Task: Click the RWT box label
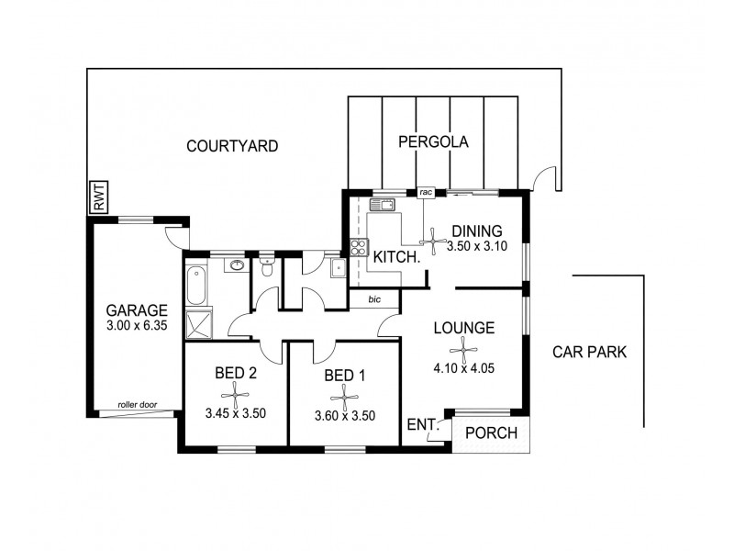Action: [x=98, y=198]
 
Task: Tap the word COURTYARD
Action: [x=231, y=146]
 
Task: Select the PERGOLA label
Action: [x=433, y=142]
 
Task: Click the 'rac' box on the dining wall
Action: [x=426, y=193]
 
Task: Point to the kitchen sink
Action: [x=382, y=205]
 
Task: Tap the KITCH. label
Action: [x=396, y=257]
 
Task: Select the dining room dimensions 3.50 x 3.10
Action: [x=476, y=247]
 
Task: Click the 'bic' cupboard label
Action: [x=374, y=299]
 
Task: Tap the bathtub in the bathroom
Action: [x=194, y=286]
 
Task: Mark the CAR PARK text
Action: [x=589, y=353]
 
